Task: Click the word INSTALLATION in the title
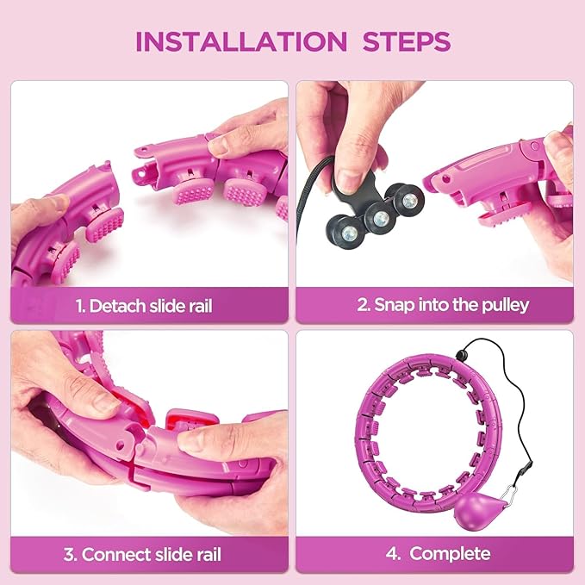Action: click(x=241, y=41)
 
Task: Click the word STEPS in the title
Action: click(x=407, y=41)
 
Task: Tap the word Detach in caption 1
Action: click(x=117, y=306)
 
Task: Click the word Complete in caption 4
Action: click(x=450, y=554)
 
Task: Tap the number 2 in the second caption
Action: click(x=363, y=304)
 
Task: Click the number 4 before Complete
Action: click(x=392, y=554)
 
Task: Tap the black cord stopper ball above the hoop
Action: click(x=463, y=355)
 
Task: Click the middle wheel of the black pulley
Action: click(x=381, y=218)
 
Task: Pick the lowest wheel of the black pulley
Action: click(x=348, y=232)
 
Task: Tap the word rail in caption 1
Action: click(x=201, y=307)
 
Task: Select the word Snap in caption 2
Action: click(x=394, y=306)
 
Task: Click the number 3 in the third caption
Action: click(x=69, y=554)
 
